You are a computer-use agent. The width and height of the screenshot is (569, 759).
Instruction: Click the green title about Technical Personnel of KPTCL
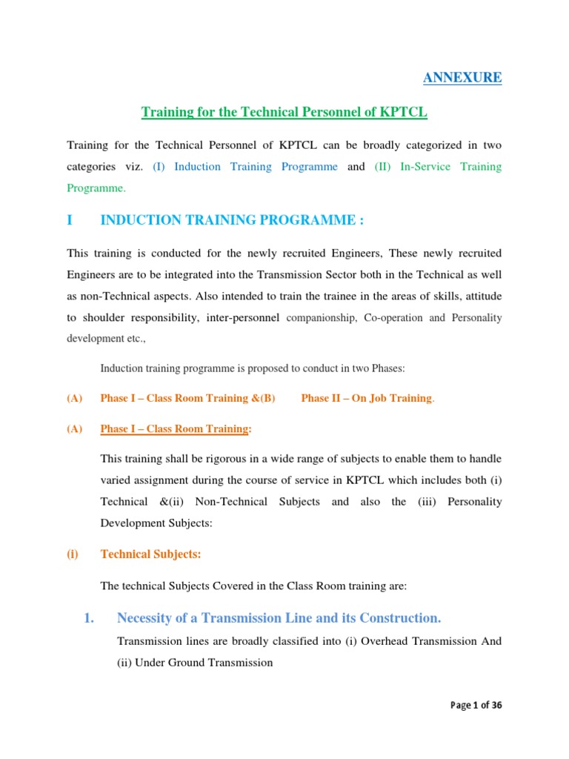click(284, 112)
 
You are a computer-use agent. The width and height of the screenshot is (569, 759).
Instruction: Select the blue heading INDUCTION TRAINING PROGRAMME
click(232, 221)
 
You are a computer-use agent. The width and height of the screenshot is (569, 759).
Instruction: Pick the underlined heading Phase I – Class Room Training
click(175, 428)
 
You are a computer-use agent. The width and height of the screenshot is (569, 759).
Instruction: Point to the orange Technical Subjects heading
click(150, 554)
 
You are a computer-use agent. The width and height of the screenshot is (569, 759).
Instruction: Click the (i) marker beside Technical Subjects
click(73, 554)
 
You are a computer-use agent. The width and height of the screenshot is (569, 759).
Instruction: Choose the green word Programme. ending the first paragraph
click(96, 188)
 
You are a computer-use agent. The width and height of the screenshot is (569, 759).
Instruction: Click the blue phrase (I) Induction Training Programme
click(245, 166)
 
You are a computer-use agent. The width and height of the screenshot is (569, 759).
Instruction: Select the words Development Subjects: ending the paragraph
click(156, 523)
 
